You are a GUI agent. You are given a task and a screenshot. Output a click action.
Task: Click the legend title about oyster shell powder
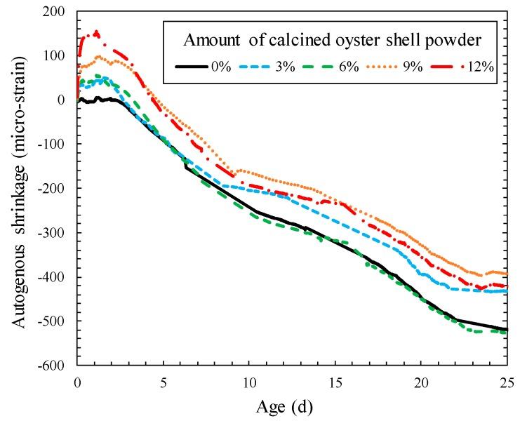pyautogui.click(x=332, y=40)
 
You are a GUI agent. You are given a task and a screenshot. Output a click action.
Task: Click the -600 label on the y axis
pyautogui.click(x=56, y=366)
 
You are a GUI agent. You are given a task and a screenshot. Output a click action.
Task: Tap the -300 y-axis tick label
pyautogui.click(x=56, y=233)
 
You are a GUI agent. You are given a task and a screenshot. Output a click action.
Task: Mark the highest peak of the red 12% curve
pyautogui.click(x=96, y=32)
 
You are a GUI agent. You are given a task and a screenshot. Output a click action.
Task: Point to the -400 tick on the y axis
pyautogui.click(x=56, y=277)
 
